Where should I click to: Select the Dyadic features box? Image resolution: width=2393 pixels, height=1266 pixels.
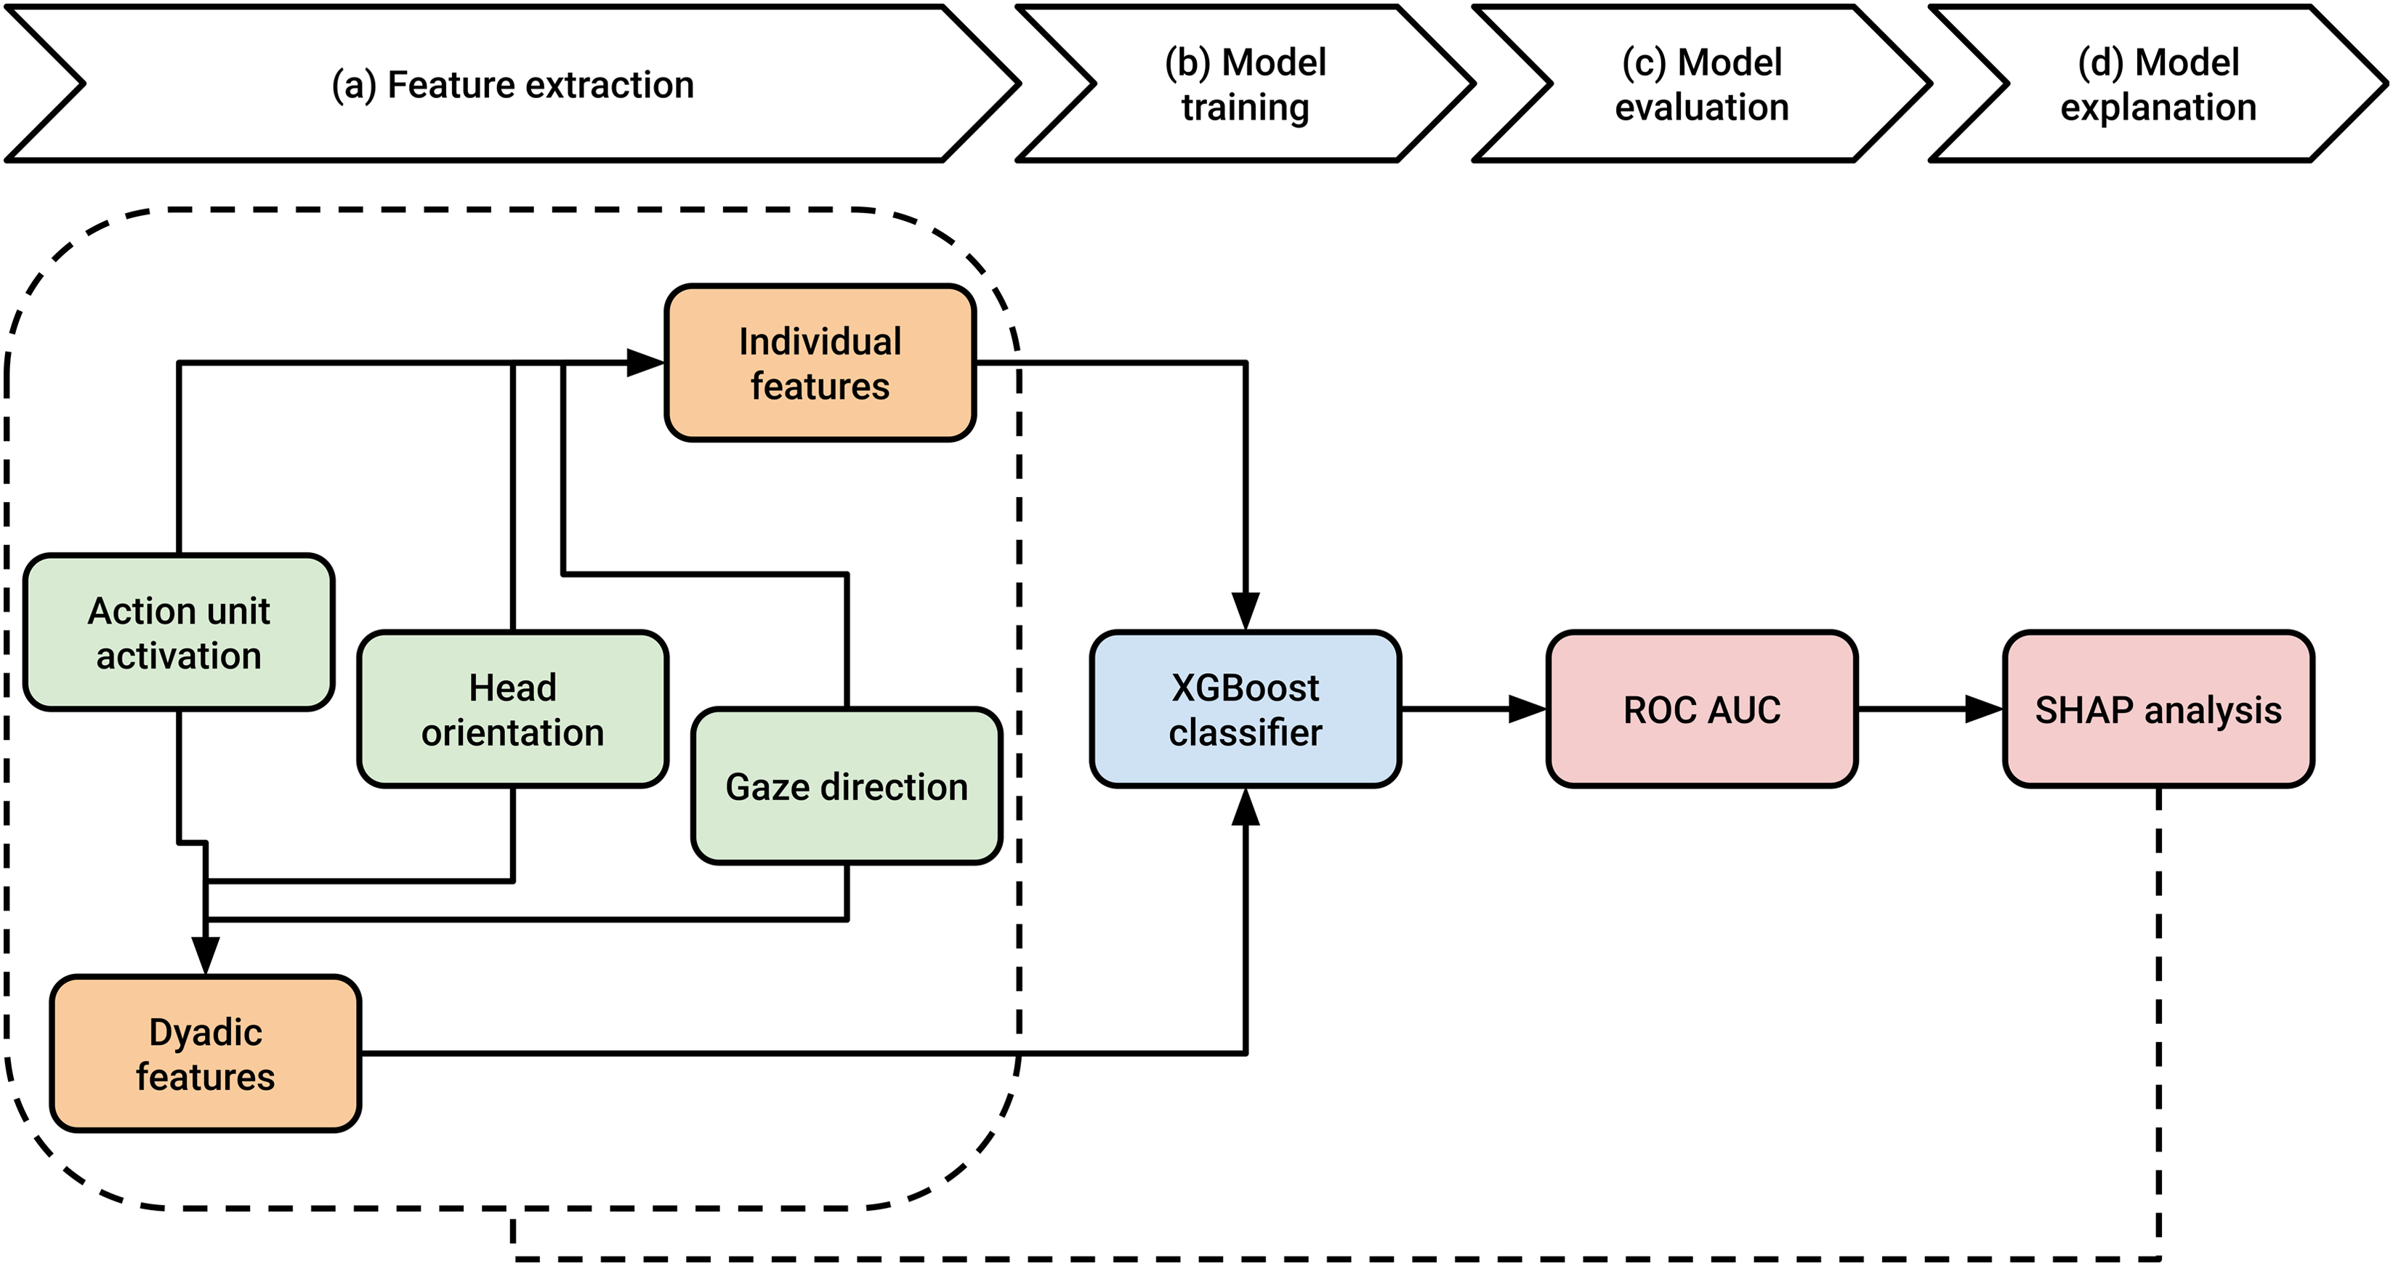pos(206,1053)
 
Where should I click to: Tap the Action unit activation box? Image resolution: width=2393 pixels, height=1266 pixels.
pos(178,632)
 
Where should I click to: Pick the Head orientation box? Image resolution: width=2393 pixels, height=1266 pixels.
pos(513,709)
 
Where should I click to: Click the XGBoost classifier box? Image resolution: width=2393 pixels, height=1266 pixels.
pos(1246,709)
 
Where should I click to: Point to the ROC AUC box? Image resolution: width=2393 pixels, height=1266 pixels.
pos(1702,709)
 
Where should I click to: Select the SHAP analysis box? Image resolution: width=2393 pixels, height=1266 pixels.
pos(2159,709)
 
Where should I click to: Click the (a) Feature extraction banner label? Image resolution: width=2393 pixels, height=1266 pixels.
pos(513,84)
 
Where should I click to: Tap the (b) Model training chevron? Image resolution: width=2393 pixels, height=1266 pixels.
pos(1246,84)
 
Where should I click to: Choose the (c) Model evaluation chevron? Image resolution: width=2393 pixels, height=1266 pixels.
pos(1702,84)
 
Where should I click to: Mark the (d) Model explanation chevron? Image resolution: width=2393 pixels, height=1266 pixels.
pos(2159,84)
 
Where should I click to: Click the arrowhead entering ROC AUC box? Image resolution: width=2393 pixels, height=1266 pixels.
pos(1528,709)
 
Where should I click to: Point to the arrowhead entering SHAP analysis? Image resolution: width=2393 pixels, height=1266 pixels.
pos(1985,709)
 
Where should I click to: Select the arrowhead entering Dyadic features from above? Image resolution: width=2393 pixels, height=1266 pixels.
pos(206,956)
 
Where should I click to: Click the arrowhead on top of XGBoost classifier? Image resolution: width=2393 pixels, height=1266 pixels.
pos(1246,612)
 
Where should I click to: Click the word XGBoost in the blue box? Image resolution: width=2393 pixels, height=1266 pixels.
pos(1246,688)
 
